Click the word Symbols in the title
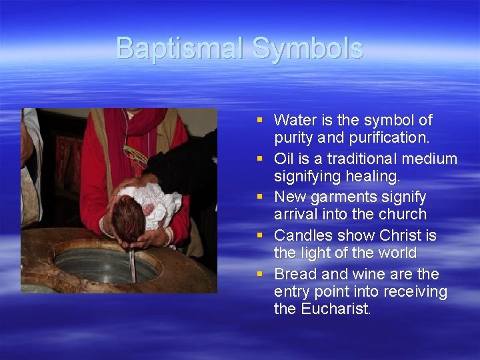click(x=307, y=48)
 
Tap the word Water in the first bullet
click(x=295, y=120)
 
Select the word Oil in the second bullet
click(x=285, y=159)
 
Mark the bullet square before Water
click(x=260, y=120)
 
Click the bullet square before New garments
click(x=260, y=197)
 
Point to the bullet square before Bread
click(x=260, y=274)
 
